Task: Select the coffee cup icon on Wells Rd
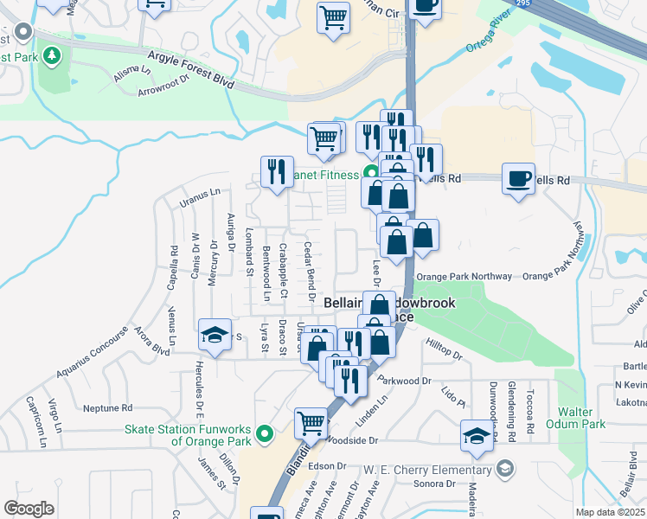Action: (x=518, y=178)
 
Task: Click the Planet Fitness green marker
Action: (x=371, y=173)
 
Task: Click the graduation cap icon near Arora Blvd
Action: (x=214, y=335)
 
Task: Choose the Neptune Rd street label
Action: (x=107, y=407)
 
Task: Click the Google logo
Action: (x=29, y=509)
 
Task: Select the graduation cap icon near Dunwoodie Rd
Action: (x=477, y=437)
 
